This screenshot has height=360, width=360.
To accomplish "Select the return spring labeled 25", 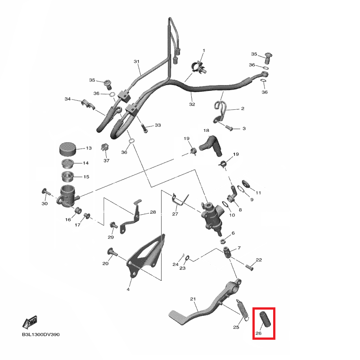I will pos(242,310).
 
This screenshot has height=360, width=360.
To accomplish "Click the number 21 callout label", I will pos(193,299).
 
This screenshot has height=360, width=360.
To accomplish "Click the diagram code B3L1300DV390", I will pos(41,335).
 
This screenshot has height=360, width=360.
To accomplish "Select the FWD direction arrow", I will pos(30,323).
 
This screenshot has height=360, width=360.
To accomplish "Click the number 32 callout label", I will pos(192,104).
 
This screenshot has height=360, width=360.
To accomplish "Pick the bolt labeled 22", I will pos(250,266).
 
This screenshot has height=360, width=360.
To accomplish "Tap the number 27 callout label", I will pos(175,214).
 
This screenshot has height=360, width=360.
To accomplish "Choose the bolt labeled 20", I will pos(111,252).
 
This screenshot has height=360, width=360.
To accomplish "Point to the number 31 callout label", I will pos(137,62).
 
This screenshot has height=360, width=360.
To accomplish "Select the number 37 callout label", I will pos(107,161).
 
